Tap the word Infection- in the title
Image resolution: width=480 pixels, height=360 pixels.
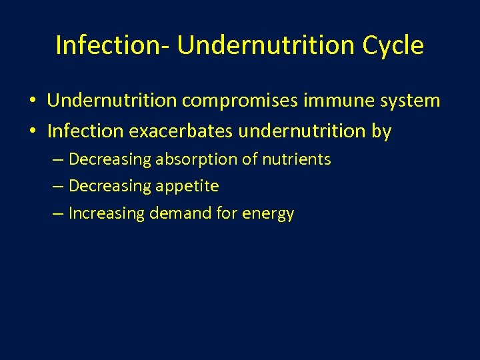coord(113,45)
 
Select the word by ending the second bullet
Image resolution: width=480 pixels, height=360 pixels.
coord(381,132)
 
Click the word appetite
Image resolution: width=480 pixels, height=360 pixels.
coord(187,186)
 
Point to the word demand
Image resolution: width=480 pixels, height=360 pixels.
coord(175,213)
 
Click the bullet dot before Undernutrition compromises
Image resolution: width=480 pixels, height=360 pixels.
coord(32,101)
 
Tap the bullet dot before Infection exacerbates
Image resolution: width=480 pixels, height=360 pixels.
coord(32,132)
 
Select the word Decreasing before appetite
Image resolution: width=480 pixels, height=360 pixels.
coord(110,186)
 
